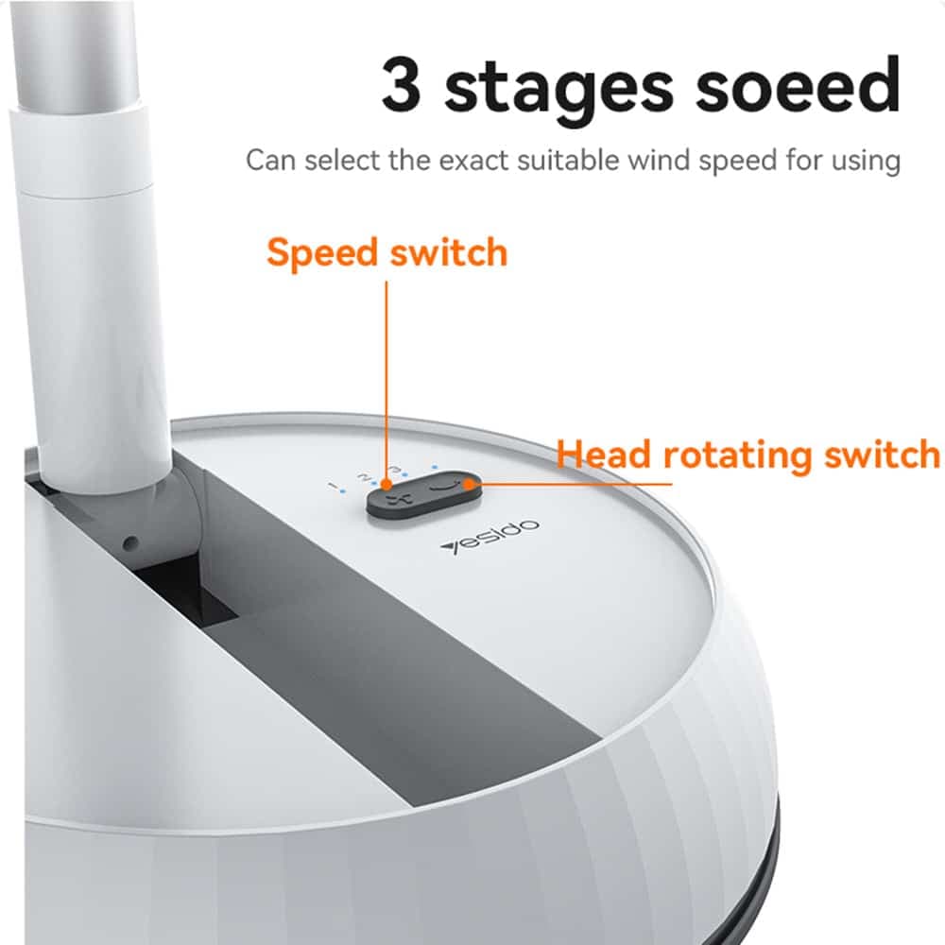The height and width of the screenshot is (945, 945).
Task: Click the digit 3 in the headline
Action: [x=401, y=84]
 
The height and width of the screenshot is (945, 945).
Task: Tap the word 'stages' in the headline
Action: [x=558, y=89]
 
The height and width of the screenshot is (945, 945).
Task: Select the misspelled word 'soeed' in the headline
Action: [x=798, y=84]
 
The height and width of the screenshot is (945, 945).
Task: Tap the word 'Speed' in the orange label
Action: [x=322, y=254]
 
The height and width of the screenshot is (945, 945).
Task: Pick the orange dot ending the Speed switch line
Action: [x=387, y=483]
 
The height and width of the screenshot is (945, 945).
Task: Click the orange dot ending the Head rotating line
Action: [x=469, y=483]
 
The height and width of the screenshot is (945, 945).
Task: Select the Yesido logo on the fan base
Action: [x=490, y=538]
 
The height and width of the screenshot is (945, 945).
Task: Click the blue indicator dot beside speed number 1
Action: [x=342, y=491]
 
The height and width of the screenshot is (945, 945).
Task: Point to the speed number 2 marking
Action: [x=363, y=476]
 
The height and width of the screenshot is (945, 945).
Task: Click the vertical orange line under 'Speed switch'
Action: [x=387, y=381]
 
